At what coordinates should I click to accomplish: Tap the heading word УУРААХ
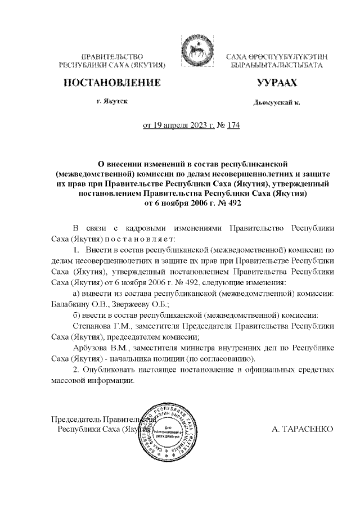(x=276, y=83)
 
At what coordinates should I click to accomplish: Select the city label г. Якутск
(x=111, y=102)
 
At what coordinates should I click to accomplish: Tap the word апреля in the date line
(x=178, y=126)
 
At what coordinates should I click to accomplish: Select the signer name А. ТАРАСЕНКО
(x=302, y=429)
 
